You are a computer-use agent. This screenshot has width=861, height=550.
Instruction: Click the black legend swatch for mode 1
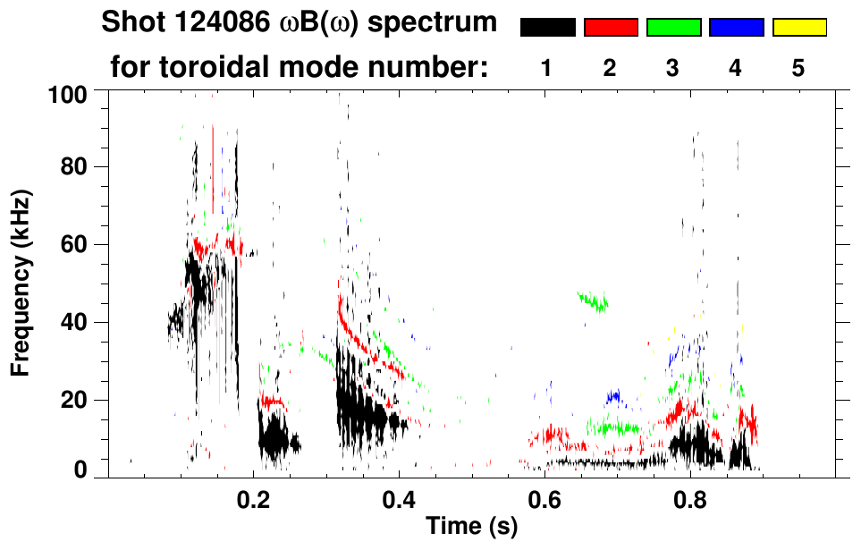(547, 28)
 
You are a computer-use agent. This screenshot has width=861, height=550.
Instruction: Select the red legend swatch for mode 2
(611, 28)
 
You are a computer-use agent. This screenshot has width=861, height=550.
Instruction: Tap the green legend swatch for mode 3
(673, 28)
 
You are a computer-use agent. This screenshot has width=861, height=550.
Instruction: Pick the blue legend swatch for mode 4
(736, 28)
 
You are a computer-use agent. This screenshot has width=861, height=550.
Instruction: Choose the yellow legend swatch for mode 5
(798, 28)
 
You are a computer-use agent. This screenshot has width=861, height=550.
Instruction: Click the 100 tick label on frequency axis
(67, 93)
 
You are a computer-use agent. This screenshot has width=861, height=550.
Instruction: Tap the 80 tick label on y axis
(73, 167)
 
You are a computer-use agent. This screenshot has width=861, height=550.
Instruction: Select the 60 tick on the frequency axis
(73, 244)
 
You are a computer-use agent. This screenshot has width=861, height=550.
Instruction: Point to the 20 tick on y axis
(73, 400)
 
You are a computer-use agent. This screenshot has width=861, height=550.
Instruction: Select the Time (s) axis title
(470, 527)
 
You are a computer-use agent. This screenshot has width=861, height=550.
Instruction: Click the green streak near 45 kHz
(593, 301)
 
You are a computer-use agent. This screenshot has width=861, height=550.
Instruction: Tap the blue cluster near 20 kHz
(614, 395)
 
